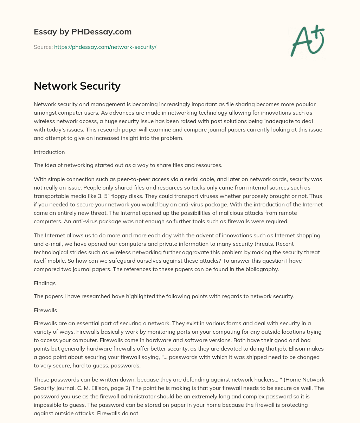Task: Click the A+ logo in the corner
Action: coord(307,41)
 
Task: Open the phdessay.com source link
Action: coord(105,47)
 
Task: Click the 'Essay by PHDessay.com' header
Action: coord(83,32)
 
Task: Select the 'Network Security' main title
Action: coord(77,86)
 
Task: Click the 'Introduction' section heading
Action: coord(49,152)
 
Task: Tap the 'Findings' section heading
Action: coord(45,283)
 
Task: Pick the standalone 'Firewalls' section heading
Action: coord(45,310)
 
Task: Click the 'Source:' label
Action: coord(43,47)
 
